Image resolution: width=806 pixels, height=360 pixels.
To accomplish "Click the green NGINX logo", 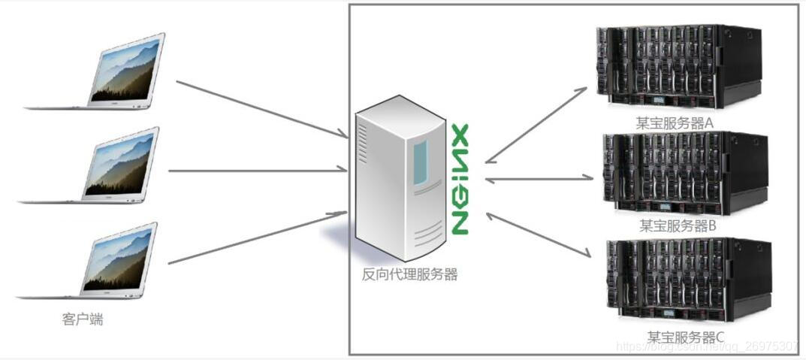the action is coord(460,178).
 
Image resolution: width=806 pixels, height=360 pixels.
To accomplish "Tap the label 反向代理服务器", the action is coord(409,274).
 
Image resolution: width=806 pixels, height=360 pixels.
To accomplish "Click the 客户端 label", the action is coord(83,319).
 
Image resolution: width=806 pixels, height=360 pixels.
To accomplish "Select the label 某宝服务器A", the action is coord(674,123).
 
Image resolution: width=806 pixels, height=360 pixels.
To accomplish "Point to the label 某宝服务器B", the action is coord(678,225).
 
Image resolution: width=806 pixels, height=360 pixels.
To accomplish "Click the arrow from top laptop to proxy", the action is coord(260,109).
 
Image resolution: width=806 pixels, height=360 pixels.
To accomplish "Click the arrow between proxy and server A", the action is coord(536,124).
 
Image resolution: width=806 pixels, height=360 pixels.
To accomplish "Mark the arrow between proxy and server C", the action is coord(537,235).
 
